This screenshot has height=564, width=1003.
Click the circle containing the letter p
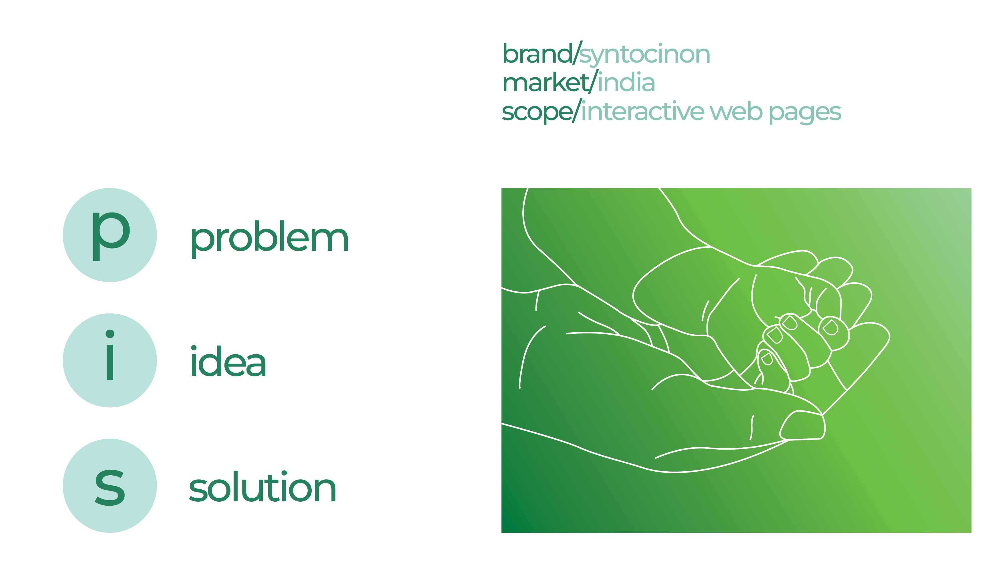coord(110,235)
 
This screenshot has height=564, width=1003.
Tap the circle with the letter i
coord(110,360)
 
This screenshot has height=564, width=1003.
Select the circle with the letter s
coord(110,486)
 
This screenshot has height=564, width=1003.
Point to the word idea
coord(228,362)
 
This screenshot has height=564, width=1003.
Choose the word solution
coord(262,488)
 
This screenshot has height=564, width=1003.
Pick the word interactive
coord(642,112)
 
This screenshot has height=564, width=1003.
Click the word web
coord(736,112)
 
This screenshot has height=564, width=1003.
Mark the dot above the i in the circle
coord(110,334)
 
